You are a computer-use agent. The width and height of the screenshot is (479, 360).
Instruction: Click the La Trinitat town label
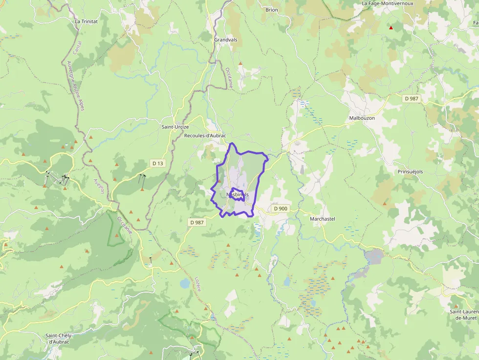(86, 21)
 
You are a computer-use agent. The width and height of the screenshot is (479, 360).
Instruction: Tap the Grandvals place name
(225, 40)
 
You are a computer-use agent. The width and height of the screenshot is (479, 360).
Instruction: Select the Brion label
(271, 10)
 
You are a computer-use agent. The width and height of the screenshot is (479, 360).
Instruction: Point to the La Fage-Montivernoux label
(387, 3)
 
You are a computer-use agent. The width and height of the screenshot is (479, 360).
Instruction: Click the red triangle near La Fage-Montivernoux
(391, 28)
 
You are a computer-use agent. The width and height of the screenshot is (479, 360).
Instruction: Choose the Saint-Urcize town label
(175, 127)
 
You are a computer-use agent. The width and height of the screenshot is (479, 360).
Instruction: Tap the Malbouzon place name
(362, 118)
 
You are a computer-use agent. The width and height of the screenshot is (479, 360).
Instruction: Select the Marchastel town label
(323, 219)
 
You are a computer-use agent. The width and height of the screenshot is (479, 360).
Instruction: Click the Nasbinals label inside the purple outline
(238, 194)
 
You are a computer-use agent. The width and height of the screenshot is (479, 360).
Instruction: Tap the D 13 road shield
(157, 163)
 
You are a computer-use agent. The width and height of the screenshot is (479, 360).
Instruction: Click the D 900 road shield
(281, 209)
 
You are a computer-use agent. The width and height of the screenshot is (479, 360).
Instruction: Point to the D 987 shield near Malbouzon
(412, 99)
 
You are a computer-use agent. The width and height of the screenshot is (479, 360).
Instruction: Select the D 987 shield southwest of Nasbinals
(196, 222)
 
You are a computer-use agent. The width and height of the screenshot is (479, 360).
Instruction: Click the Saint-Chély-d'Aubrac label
(59, 339)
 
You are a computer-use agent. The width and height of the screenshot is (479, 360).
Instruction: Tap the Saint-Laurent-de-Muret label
(465, 315)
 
